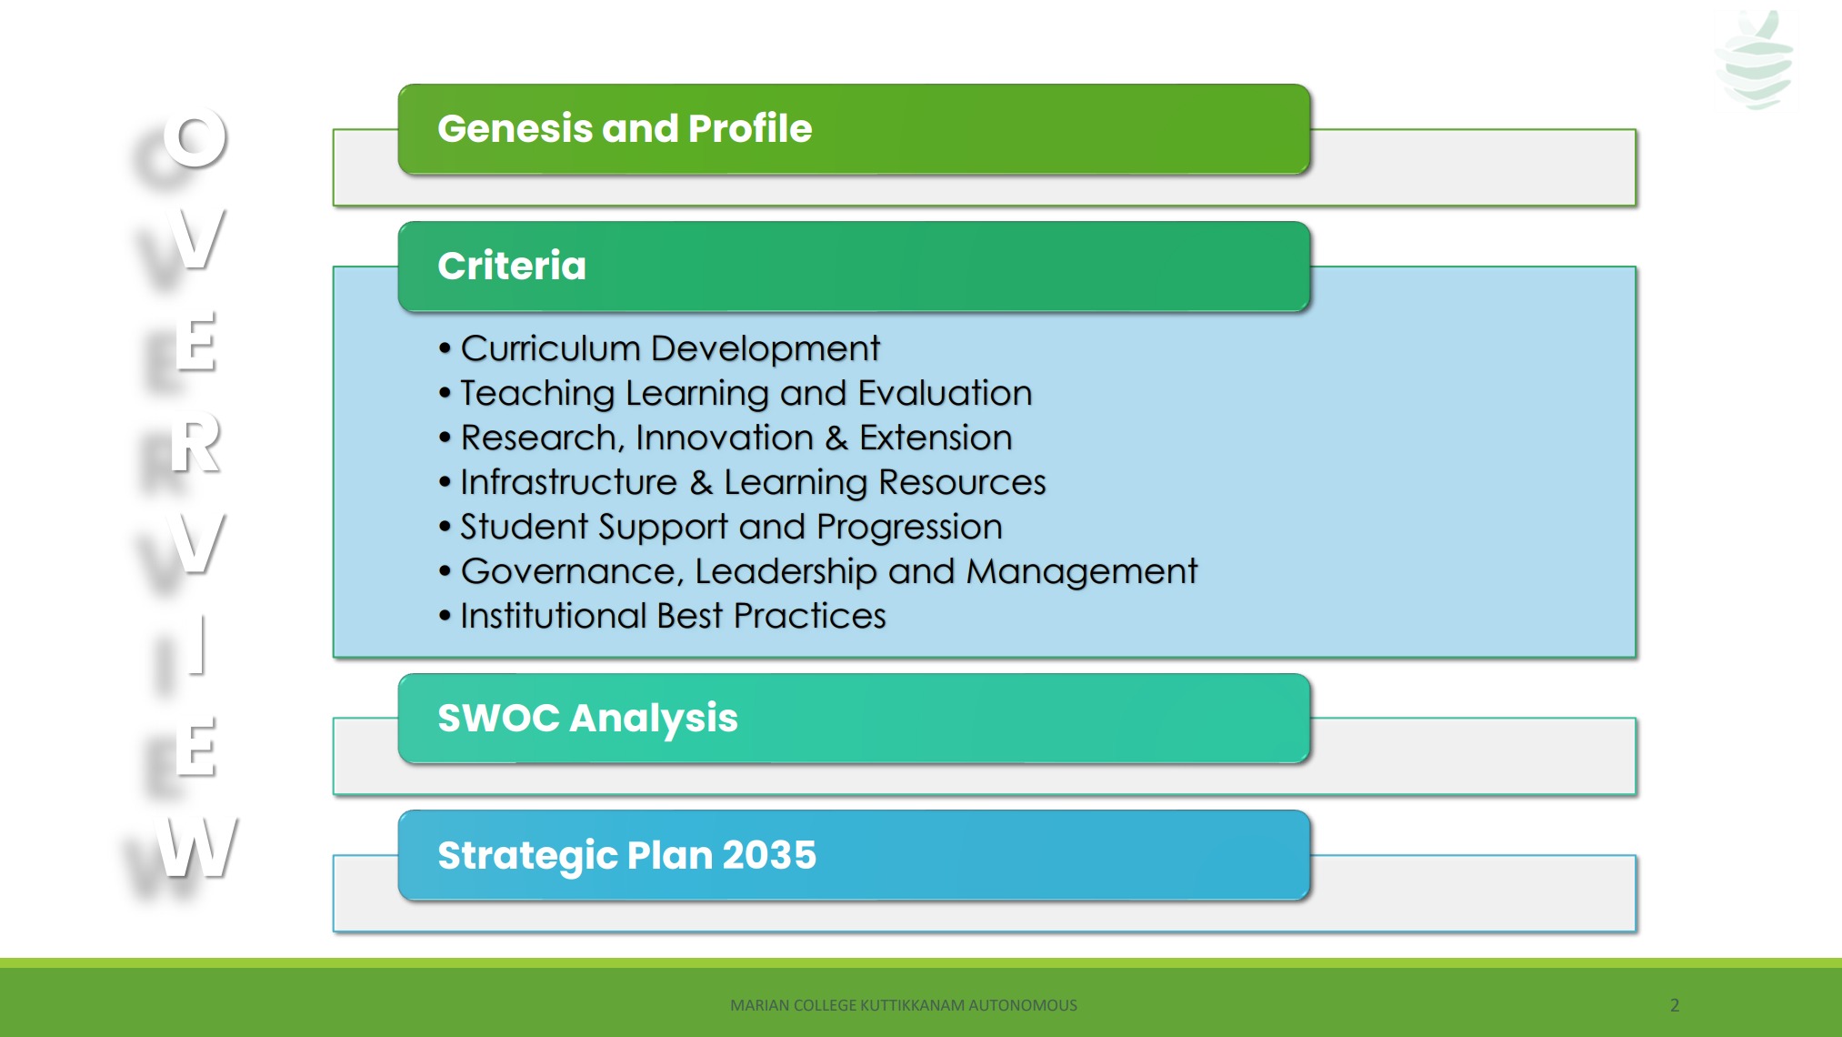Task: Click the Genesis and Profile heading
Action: pos(625,128)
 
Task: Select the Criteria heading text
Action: pos(512,266)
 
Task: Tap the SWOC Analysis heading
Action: pos(587,718)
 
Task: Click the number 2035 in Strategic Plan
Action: pos(769,855)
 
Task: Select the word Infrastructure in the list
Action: pos(569,482)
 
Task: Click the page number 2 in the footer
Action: pos(1675,1005)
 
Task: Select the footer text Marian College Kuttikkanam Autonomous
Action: pos(904,1005)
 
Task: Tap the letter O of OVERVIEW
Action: pos(195,138)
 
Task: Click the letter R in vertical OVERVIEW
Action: pos(195,443)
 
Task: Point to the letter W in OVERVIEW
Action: pos(196,848)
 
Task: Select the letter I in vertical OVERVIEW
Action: pos(195,645)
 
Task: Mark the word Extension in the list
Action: pos(936,438)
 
